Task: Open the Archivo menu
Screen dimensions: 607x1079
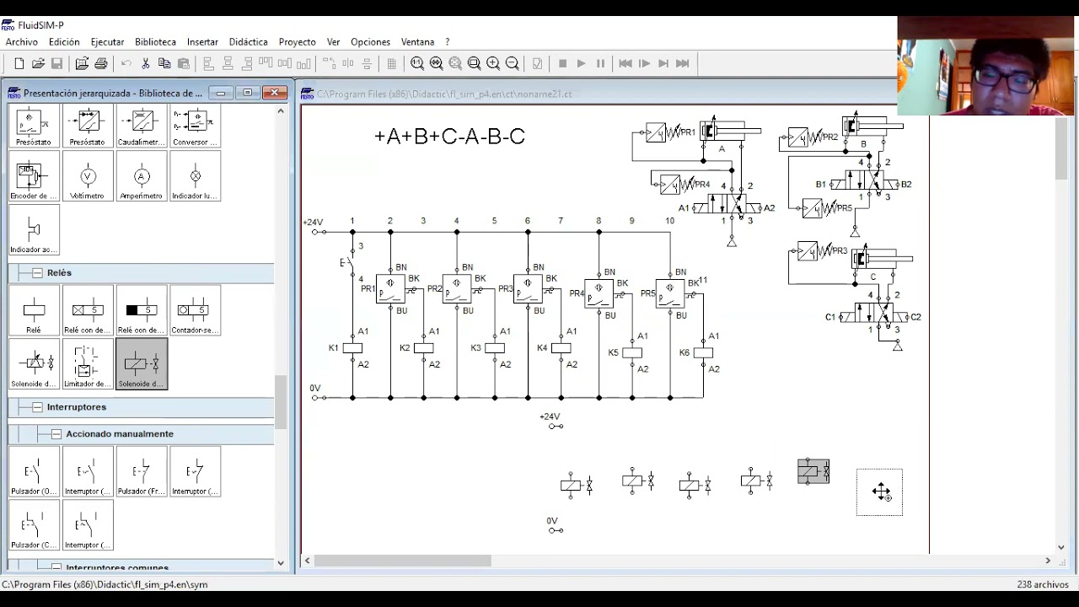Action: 21,41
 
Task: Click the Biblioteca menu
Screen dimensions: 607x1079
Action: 155,41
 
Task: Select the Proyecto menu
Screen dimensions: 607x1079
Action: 297,41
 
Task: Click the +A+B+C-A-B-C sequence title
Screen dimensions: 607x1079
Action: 449,136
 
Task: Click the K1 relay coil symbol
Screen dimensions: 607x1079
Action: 352,348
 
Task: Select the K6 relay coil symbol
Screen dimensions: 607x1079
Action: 703,353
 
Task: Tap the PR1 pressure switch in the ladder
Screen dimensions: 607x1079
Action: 390,289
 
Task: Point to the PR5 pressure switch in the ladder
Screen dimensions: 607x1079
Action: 670,293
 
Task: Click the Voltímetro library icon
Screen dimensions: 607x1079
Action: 88,177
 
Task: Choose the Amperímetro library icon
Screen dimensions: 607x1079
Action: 142,177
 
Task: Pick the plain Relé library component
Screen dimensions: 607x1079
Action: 34,311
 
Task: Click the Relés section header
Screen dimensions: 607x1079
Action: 59,273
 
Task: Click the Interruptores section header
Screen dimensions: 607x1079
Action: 76,407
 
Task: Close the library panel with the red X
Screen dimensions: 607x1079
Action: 274,93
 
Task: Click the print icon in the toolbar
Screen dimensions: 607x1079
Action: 101,63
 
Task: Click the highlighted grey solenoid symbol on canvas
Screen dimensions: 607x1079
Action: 813,472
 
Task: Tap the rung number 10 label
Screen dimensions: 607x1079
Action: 669,221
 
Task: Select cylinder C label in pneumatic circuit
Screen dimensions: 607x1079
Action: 872,277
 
